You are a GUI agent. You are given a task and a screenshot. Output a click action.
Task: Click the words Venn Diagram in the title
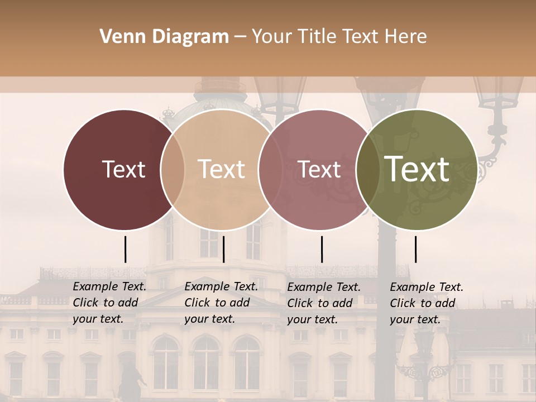tap(164, 37)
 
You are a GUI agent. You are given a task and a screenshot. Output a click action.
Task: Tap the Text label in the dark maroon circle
tap(123, 169)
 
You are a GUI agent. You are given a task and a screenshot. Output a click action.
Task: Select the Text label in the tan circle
tap(222, 169)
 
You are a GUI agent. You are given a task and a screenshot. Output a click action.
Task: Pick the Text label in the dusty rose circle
tap(319, 169)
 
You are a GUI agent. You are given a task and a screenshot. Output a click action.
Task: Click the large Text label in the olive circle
tap(417, 169)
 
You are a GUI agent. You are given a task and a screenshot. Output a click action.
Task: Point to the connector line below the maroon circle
tap(125, 249)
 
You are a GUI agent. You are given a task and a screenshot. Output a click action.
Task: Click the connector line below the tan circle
tap(223, 249)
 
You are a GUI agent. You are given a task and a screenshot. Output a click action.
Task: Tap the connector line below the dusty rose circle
tap(322, 249)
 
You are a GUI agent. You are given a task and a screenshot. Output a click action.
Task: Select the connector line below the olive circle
tap(415, 249)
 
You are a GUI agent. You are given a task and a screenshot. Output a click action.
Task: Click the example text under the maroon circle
tap(109, 303)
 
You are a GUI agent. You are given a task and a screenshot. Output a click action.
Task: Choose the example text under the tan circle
tap(221, 303)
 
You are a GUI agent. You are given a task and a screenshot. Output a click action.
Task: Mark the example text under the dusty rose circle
tap(324, 303)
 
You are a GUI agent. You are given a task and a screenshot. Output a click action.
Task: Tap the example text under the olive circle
tap(427, 303)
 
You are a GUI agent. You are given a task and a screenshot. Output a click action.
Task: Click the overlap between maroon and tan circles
tap(173, 169)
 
